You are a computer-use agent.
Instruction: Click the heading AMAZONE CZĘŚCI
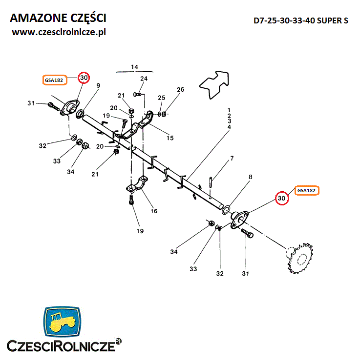[58, 18]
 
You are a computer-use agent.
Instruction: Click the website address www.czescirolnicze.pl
[59, 32]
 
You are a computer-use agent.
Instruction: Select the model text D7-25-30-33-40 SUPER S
[301, 21]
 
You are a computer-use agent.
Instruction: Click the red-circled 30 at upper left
[84, 78]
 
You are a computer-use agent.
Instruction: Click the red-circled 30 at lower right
[281, 199]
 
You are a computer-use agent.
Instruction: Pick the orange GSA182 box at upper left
[54, 80]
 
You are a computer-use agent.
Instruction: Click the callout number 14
[135, 66]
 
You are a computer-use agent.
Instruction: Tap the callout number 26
[181, 90]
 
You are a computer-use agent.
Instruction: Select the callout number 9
[98, 86]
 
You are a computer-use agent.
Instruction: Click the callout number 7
[232, 159]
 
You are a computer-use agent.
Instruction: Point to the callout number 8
[250, 177]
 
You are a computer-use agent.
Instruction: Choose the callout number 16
[154, 211]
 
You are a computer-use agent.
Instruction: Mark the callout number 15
[169, 138]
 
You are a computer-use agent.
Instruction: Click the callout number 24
[144, 79]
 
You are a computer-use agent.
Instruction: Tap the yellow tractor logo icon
[63, 322]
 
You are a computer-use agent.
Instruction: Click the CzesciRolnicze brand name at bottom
[60, 346]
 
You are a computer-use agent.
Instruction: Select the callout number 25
[162, 99]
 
